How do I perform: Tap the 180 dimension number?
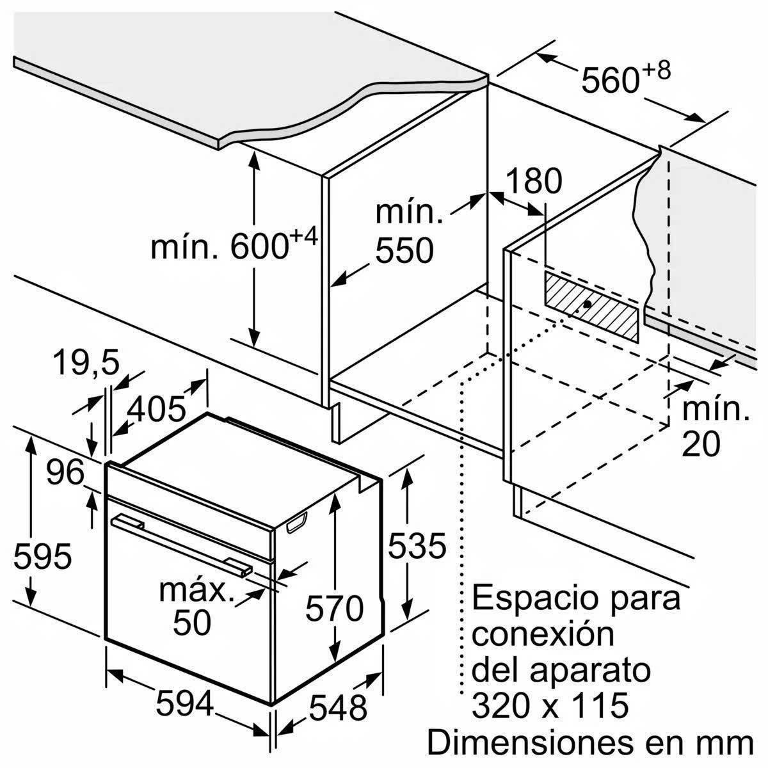533,182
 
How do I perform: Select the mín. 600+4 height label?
234,247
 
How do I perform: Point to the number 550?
404,251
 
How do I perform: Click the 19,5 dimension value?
86,364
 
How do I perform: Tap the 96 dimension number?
65,474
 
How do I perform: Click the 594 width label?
184,705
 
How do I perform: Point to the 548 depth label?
338,708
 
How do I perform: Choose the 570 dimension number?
334,609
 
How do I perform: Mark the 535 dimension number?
417,547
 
